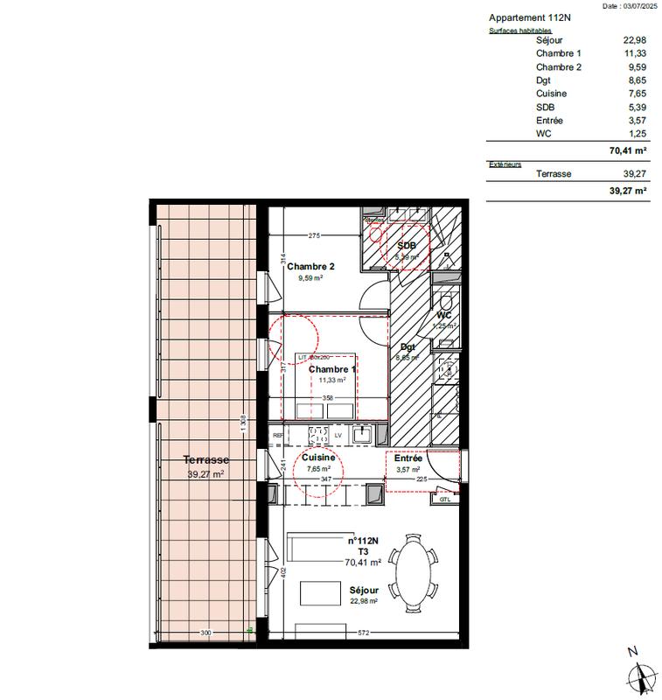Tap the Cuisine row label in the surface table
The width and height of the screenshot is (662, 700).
[552, 93]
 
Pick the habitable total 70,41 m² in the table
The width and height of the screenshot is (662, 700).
[627, 150]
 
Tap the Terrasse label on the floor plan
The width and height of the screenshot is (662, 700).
[206, 459]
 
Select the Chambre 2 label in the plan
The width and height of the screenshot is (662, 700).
[310, 267]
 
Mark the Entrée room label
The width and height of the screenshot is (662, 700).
[408, 458]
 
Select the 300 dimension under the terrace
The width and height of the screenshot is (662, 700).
[206, 632]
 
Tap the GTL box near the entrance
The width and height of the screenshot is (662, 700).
[444, 500]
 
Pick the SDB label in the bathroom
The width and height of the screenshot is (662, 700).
[407, 246]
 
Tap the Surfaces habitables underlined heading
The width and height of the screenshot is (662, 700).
[519, 30]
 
